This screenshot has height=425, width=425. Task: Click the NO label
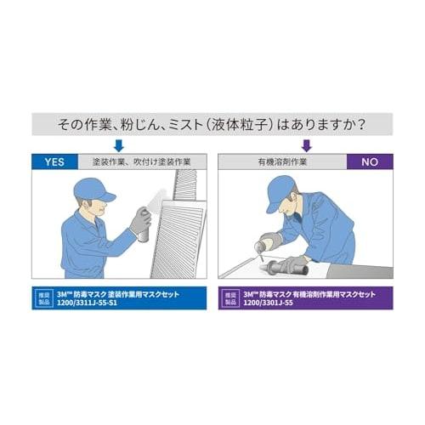click(369, 160)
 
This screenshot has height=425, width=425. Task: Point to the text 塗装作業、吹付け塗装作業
click(142, 160)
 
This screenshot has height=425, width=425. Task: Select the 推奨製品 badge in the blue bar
click(44, 298)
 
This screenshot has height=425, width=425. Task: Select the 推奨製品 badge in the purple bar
click(229, 298)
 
